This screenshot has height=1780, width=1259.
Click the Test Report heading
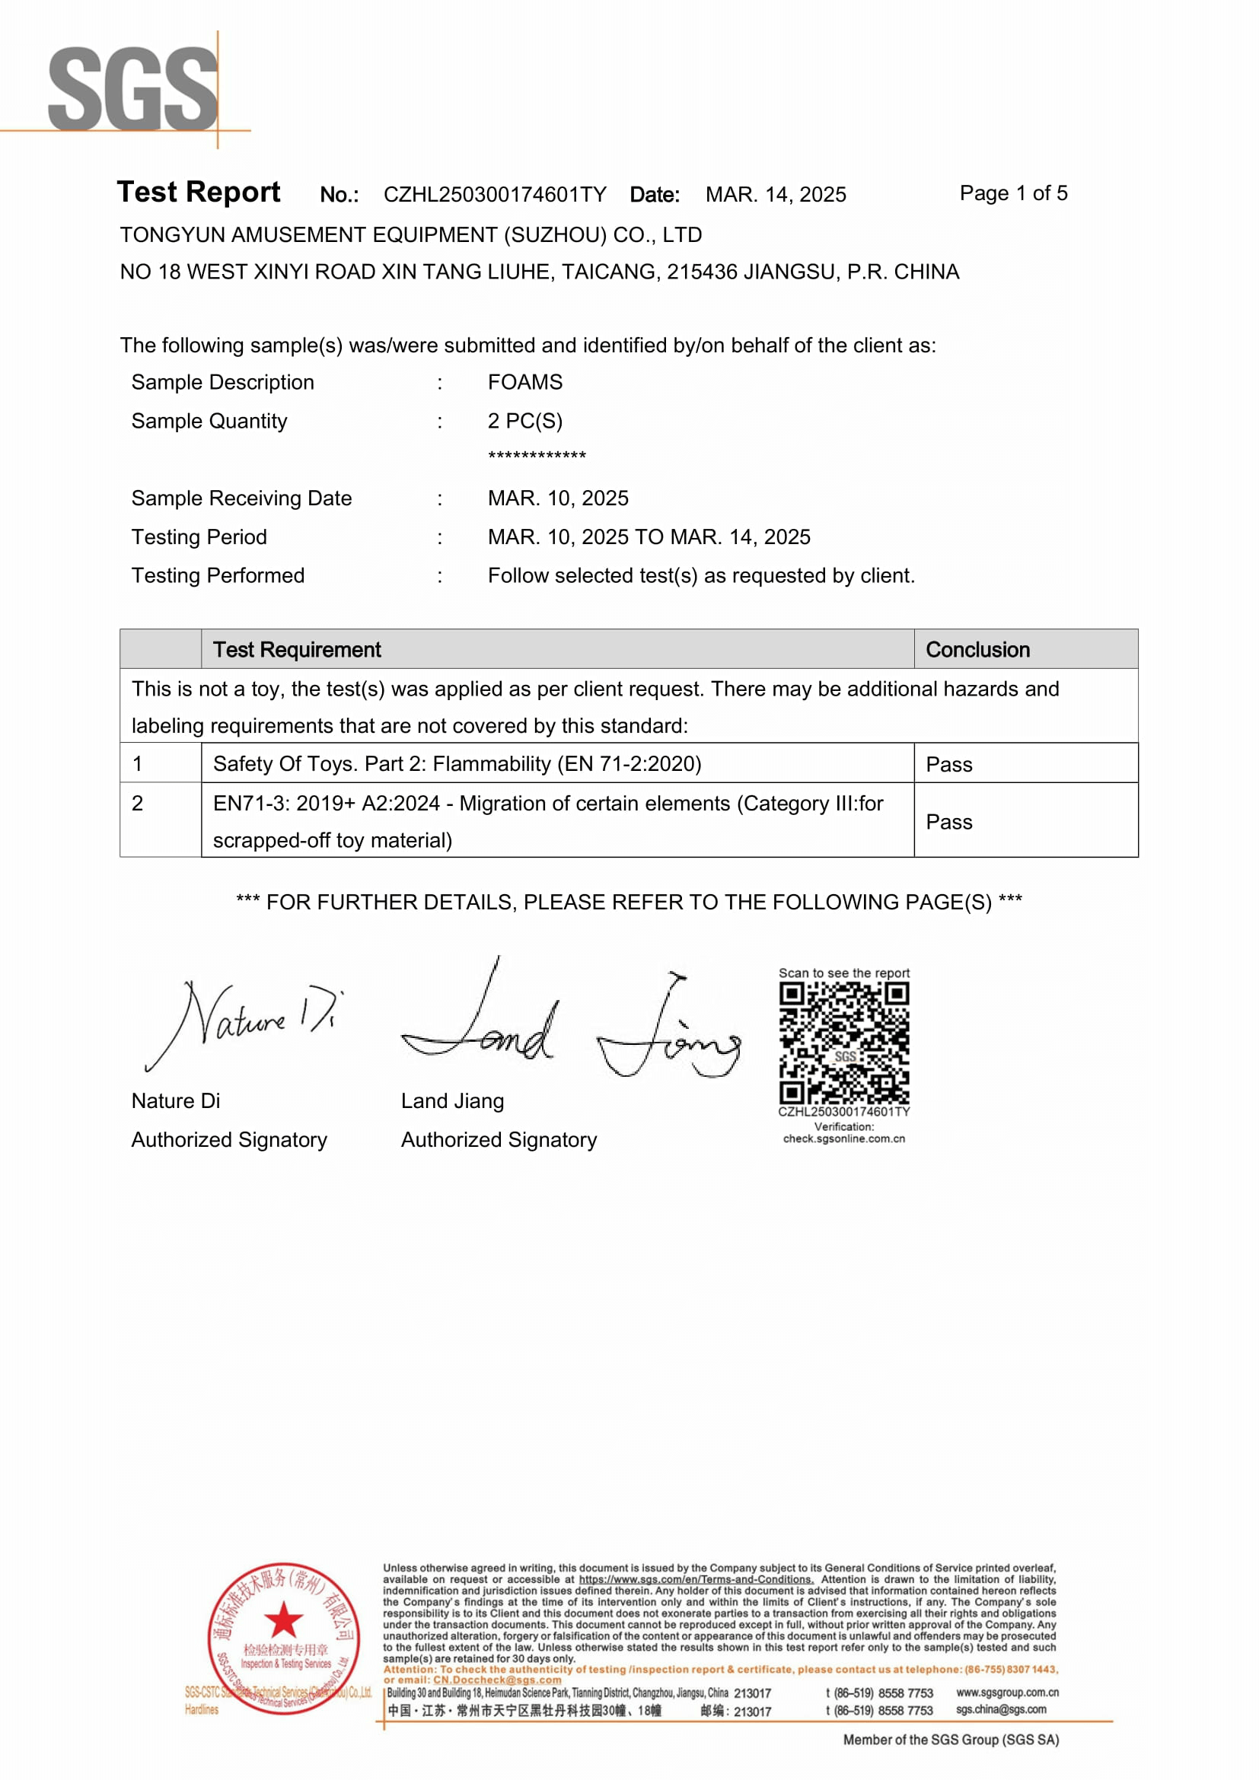(199, 192)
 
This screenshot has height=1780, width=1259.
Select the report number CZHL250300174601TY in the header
(495, 195)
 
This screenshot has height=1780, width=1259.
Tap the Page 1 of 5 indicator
(1012, 193)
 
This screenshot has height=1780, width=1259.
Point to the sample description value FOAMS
(525, 382)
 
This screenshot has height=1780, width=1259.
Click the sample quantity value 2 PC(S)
(525, 421)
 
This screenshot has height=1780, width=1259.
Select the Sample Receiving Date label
(241, 498)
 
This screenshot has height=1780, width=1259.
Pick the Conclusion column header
(977, 650)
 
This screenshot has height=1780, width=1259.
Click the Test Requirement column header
(297, 650)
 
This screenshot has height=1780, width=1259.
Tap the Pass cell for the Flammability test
(949, 764)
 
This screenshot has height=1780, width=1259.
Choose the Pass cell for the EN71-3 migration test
(949, 822)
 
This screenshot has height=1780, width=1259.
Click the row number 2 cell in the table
(138, 803)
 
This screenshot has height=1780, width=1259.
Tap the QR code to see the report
(843, 1043)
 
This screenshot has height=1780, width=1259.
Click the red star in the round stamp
(283, 1619)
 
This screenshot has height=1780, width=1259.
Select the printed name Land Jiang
(452, 1101)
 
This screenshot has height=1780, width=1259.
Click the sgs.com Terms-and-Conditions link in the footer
(696, 1579)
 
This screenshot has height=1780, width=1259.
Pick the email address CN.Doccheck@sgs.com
(496, 1680)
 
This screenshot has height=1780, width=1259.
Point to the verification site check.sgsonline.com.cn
(843, 1139)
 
